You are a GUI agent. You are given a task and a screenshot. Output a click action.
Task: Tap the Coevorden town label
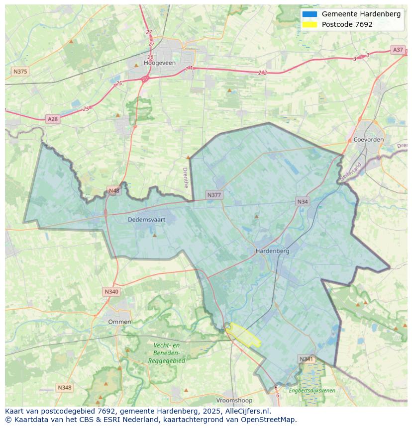(x=368, y=140)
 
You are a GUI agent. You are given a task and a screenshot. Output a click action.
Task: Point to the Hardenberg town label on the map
(x=272, y=251)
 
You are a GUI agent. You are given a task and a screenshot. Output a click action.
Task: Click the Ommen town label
(x=119, y=322)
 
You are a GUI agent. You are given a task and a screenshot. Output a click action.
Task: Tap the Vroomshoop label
(x=234, y=400)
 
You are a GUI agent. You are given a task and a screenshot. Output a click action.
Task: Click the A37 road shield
(x=398, y=50)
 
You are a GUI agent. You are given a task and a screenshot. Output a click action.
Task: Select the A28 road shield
(x=52, y=119)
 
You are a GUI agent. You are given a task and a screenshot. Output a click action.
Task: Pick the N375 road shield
(x=20, y=72)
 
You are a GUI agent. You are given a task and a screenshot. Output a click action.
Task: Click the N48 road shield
(x=114, y=191)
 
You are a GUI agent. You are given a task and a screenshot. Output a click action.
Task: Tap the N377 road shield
(x=214, y=195)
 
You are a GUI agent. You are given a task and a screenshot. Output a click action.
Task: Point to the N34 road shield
(x=303, y=201)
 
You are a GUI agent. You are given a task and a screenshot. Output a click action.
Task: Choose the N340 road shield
(x=111, y=292)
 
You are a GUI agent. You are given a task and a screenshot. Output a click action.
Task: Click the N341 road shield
(x=307, y=359)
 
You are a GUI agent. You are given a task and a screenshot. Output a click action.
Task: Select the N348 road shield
(x=64, y=387)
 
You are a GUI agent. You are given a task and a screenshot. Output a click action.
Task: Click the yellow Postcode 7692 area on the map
(x=244, y=336)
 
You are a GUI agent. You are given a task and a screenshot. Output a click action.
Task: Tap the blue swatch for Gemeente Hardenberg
(x=309, y=14)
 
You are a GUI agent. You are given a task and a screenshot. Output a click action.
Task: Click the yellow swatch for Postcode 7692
(x=309, y=24)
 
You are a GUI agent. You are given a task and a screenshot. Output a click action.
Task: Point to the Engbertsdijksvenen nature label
(x=312, y=391)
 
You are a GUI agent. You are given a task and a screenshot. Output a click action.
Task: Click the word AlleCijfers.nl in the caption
(x=248, y=411)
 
